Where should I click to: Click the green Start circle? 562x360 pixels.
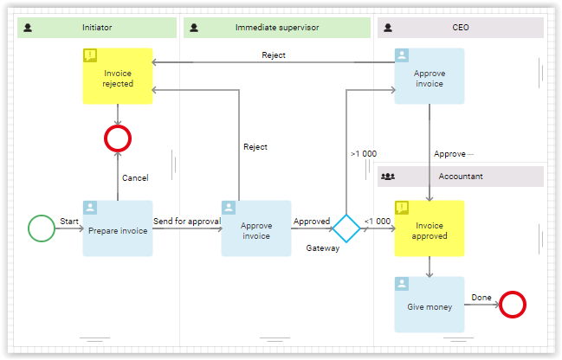click(x=42, y=228)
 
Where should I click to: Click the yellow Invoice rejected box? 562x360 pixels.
click(x=118, y=76)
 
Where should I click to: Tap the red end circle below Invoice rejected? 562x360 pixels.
click(x=118, y=138)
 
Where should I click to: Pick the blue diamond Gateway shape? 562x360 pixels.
click(x=346, y=228)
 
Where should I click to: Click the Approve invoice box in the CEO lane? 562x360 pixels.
click(x=429, y=76)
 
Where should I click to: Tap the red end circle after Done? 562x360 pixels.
click(x=513, y=305)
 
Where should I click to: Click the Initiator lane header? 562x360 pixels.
click(x=97, y=28)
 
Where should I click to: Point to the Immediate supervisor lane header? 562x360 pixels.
click(x=276, y=28)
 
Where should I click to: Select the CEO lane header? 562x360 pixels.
click(x=461, y=28)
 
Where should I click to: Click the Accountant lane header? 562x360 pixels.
click(x=461, y=176)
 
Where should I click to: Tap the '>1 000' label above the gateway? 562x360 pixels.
click(x=364, y=154)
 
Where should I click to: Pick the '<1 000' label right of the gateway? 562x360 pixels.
click(x=378, y=222)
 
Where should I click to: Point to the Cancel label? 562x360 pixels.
click(x=135, y=178)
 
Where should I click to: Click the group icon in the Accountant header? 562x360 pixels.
click(x=388, y=176)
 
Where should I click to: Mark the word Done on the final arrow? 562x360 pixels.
click(x=481, y=298)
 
